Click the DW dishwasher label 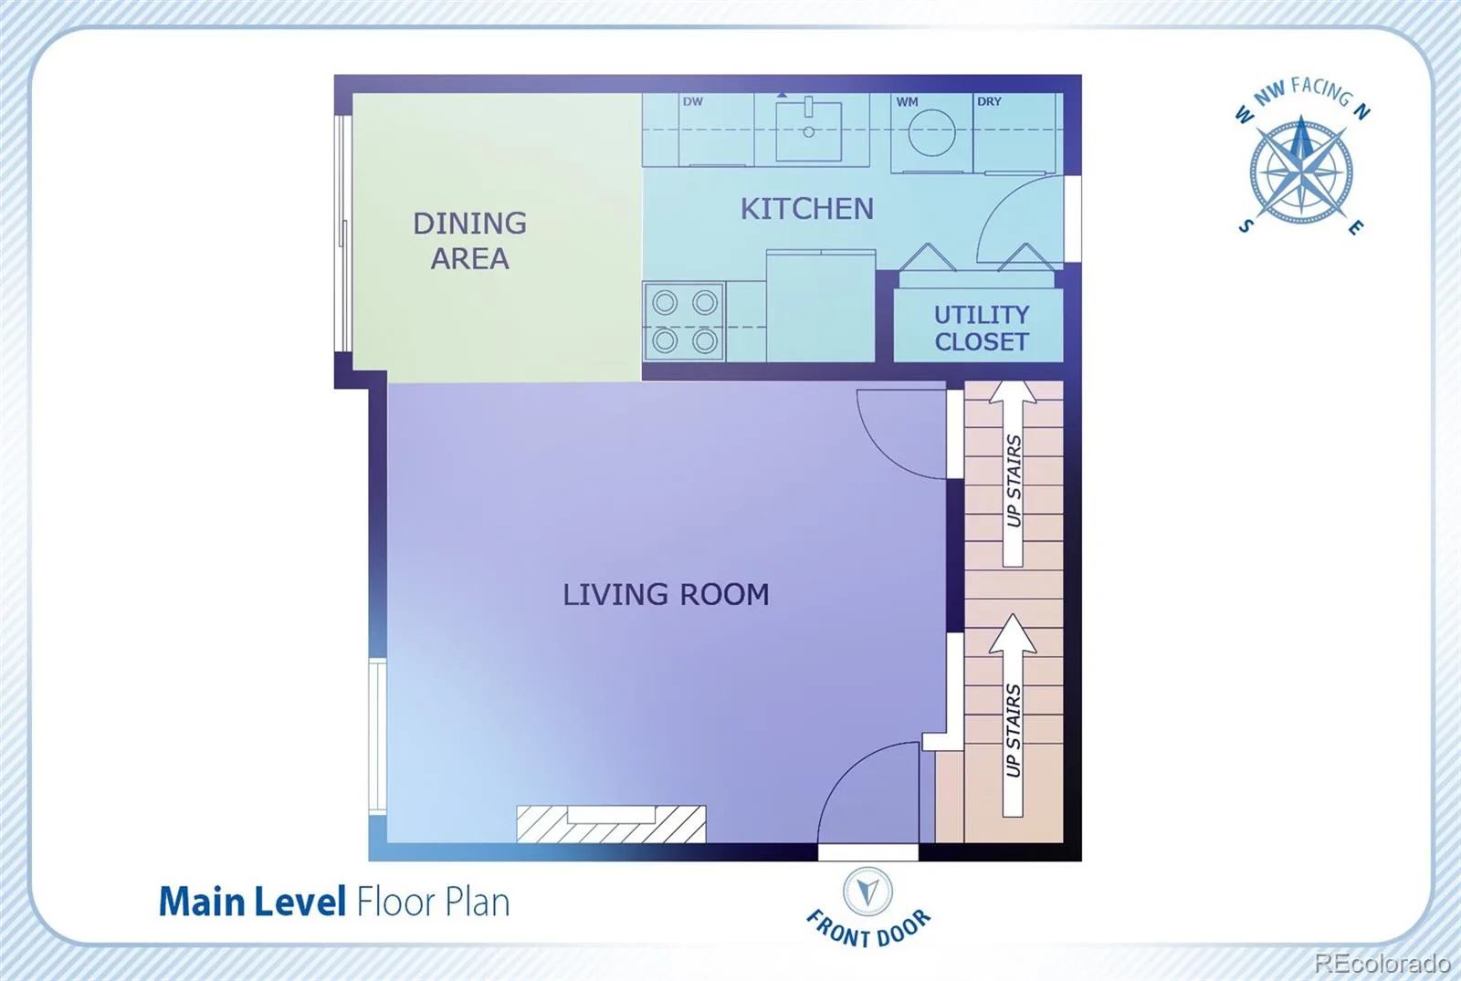[693, 101]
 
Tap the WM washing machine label [907, 101]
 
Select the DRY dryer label [989, 101]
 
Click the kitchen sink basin [809, 131]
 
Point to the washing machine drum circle [931, 132]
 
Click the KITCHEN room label [807, 209]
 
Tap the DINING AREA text [469, 241]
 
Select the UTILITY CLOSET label [982, 328]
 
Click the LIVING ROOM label [666, 594]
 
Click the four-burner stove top [684, 321]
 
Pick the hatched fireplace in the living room [611, 824]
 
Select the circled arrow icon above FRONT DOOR [867, 891]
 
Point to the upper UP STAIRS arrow [1013, 474]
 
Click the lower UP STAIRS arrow [1013, 715]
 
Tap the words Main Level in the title [252, 903]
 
